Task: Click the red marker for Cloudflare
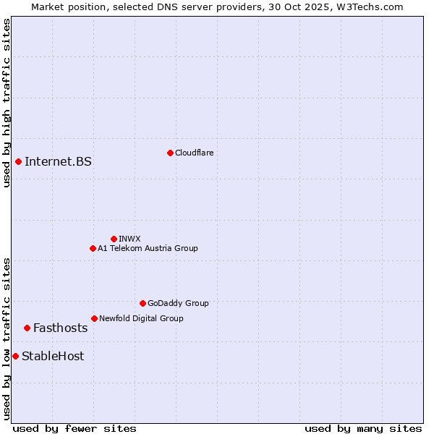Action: pos(170,153)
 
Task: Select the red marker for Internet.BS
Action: pos(18,161)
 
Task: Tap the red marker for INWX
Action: pos(114,239)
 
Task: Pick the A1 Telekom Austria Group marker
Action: pos(93,248)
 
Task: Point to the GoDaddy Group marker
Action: pos(142,303)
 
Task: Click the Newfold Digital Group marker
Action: pos(94,318)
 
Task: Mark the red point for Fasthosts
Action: pos(27,328)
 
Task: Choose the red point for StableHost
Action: pos(15,356)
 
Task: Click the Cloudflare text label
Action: pos(195,153)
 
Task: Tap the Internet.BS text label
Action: pos(58,161)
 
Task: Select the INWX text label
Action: pos(129,239)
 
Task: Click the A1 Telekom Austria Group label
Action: pos(148,248)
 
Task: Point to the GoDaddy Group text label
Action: pos(178,303)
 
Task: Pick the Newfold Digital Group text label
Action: pos(141,318)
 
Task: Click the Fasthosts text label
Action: pos(60,328)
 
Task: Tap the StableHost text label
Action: pos(53,356)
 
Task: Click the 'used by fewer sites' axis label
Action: pos(75,428)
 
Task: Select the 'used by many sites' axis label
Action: pos(363,428)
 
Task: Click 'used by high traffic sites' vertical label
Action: pos(7,103)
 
